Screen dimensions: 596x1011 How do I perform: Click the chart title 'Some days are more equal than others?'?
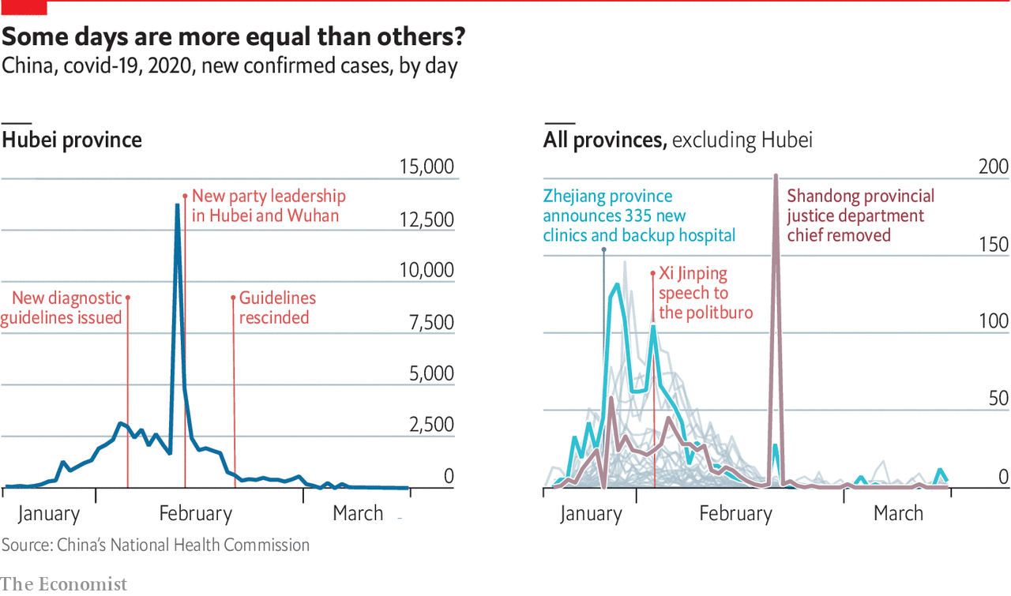pyautogui.click(x=234, y=37)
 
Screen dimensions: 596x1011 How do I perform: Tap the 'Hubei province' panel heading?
pyautogui.click(x=72, y=141)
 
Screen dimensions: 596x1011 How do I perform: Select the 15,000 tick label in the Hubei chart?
pyautogui.click(x=427, y=167)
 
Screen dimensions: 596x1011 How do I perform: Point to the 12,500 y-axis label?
pyautogui.click(x=427, y=219)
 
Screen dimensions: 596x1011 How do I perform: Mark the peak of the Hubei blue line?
pyautogui.click(x=177, y=205)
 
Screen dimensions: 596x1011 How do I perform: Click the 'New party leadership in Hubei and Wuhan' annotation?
pyautogui.click(x=269, y=205)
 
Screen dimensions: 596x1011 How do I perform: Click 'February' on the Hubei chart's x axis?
pyautogui.click(x=195, y=514)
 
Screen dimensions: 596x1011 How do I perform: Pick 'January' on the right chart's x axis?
pyautogui.click(x=591, y=514)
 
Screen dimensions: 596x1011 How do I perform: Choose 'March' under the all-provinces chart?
pyautogui.click(x=898, y=514)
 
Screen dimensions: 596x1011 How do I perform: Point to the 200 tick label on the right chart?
pyautogui.click(x=993, y=167)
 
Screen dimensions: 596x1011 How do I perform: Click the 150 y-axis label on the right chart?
pyautogui.click(x=993, y=245)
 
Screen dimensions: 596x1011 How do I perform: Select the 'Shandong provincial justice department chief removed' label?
pyautogui.click(x=860, y=216)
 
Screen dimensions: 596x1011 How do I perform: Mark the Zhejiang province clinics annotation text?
pyautogui.click(x=638, y=216)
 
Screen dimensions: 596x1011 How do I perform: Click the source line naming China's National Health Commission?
pyautogui.click(x=156, y=545)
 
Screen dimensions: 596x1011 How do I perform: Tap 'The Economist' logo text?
pyautogui.click(x=63, y=584)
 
